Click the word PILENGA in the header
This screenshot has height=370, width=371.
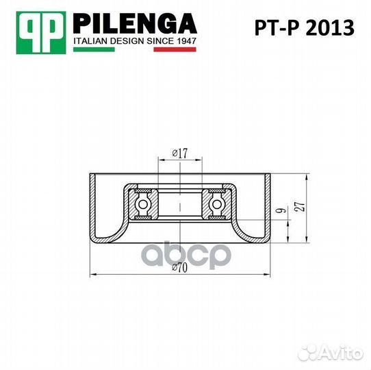tap(134, 25)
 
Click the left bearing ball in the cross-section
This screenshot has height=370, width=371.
tap(143, 203)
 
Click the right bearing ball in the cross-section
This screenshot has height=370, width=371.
tap(218, 203)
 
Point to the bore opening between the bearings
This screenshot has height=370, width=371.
tap(180, 203)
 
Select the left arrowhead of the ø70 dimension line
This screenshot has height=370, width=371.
tap(94, 274)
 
